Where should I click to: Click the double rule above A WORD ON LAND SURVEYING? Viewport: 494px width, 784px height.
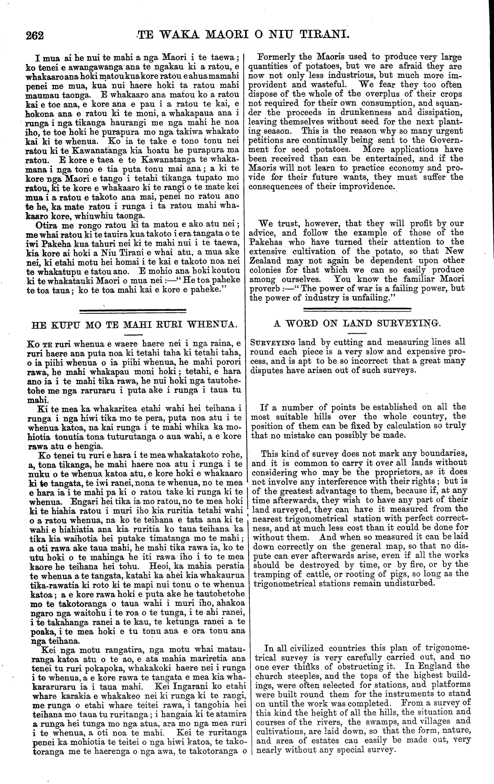[x=357, y=309]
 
